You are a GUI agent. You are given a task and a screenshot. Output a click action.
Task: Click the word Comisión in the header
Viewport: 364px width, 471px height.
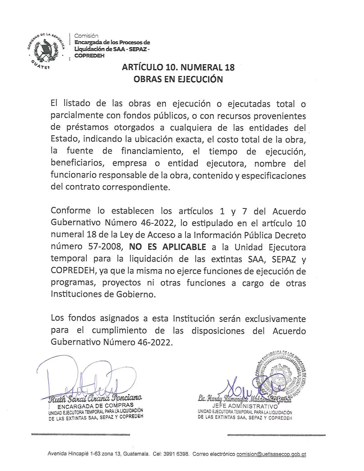[x=86, y=36]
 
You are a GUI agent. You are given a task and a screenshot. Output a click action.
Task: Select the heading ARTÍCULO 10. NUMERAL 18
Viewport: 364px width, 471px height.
[x=178, y=67]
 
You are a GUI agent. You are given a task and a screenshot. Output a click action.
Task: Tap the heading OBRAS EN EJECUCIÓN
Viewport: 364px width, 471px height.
[x=178, y=79]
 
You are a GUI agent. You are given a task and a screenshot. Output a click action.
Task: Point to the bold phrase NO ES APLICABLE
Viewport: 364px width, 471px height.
[x=168, y=247]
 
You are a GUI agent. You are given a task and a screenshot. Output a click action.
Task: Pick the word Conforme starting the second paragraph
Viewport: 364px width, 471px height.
[x=71, y=211]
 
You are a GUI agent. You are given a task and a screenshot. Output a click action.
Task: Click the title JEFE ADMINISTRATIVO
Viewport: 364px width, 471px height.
[x=245, y=406]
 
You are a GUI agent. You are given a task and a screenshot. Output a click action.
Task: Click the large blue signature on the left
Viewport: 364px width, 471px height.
[x=86, y=377]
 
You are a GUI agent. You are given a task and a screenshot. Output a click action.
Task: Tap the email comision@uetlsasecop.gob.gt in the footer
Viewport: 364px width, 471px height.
[x=271, y=454]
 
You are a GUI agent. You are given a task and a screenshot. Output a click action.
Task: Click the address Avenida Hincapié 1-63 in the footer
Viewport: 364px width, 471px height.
[x=75, y=454]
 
